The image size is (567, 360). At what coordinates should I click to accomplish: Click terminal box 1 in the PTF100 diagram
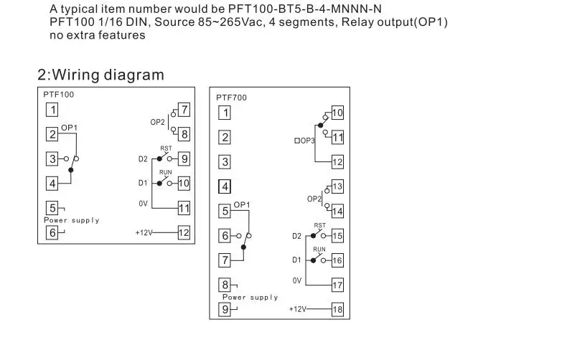pyautogui.click(x=52, y=110)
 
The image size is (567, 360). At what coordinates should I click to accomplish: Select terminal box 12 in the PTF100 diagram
pyautogui.click(x=184, y=232)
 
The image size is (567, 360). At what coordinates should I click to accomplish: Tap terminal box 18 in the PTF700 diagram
pyautogui.click(x=337, y=309)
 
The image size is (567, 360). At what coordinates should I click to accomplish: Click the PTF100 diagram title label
pyautogui.click(x=57, y=94)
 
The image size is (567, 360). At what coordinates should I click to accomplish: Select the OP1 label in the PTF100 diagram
pyautogui.click(x=69, y=127)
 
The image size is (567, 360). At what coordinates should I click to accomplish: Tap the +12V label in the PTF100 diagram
pyautogui.click(x=146, y=232)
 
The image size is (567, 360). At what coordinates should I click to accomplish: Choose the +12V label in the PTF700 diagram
pyautogui.click(x=297, y=309)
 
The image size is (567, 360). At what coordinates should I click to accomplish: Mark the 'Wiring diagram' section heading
pyautogui.click(x=100, y=75)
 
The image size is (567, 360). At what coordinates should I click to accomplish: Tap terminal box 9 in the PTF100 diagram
pyautogui.click(x=184, y=158)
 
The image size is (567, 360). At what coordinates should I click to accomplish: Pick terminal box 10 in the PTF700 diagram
pyautogui.click(x=337, y=113)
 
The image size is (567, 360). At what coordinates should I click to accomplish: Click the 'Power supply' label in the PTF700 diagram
pyautogui.click(x=250, y=297)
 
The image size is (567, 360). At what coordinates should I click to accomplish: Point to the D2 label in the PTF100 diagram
pyautogui.click(x=142, y=158)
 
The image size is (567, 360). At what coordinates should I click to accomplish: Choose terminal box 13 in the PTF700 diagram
pyautogui.click(x=337, y=186)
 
